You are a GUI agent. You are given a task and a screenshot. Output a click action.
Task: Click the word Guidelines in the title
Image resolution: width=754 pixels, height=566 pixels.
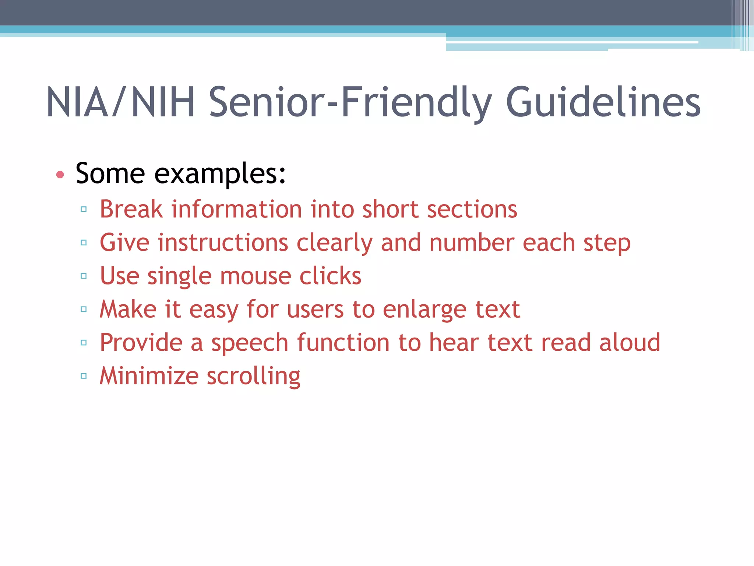[603, 102]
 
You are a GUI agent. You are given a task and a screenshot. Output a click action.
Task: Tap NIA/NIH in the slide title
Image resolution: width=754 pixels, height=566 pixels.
[120, 102]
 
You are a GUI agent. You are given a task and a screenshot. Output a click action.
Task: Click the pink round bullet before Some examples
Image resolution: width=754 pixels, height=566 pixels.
[60, 175]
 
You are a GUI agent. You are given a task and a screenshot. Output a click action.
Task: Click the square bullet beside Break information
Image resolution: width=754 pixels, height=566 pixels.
[84, 210]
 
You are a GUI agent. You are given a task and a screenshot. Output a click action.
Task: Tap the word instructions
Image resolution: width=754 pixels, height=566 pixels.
[223, 243]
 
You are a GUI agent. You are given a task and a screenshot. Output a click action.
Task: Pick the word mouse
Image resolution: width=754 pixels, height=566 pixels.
[256, 276]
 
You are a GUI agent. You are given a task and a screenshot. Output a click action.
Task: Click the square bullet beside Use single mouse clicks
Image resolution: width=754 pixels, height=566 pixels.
[84, 276]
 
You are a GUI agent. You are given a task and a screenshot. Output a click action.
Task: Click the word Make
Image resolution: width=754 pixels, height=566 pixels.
[128, 309]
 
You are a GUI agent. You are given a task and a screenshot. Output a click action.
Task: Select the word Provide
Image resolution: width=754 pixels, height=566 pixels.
[141, 343]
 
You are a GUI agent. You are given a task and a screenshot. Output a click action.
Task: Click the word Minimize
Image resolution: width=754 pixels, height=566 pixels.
[149, 376]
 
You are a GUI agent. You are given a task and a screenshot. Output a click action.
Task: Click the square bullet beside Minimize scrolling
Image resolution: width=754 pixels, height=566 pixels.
[84, 376]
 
